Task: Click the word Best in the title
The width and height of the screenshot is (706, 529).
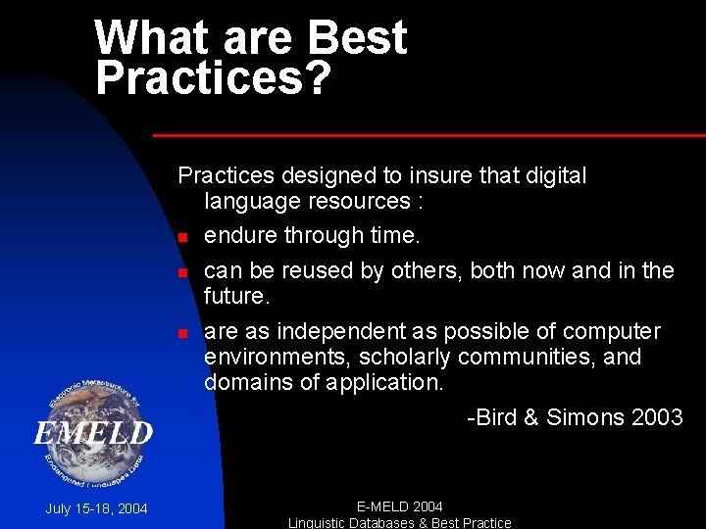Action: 357,37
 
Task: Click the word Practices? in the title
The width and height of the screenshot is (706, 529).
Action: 213,77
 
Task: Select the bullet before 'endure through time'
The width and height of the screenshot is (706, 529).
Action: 182,238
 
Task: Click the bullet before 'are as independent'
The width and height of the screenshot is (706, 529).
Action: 182,334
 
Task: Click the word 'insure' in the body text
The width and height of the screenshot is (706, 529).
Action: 442,176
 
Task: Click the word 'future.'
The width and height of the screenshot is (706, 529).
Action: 236,296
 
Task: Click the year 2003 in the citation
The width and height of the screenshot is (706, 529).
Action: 657,418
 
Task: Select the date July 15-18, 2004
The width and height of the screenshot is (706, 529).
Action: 96,508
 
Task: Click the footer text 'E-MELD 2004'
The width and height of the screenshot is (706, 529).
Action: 399,506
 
